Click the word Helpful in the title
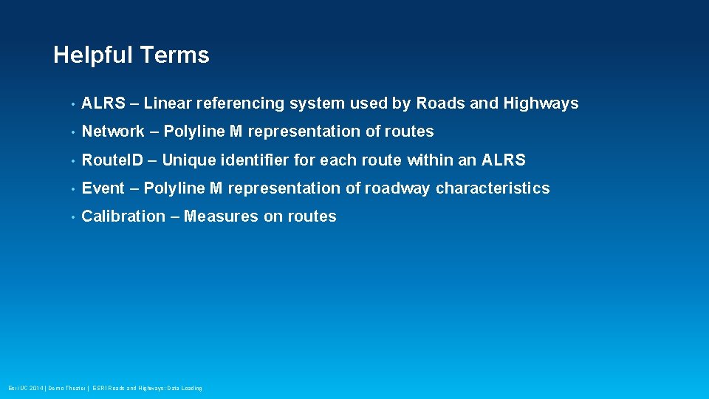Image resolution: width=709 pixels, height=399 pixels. pyautogui.click(x=93, y=55)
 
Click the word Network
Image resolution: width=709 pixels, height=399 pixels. pyautogui.click(x=113, y=132)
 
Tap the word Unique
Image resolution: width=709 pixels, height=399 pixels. pyautogui.click(x=188, y=160)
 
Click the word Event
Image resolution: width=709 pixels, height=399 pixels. pyautogui.click(x=103, y=188)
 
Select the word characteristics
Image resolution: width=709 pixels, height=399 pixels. pyautogui.click(x=493, y=188)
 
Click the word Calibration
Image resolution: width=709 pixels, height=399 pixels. pyautogui.click(x=123, y=216)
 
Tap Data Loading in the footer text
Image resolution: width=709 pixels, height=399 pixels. pyautogui.click(x=185, y=388)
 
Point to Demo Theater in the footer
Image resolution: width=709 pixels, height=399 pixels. pyautogui.click(x=66, y=388)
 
